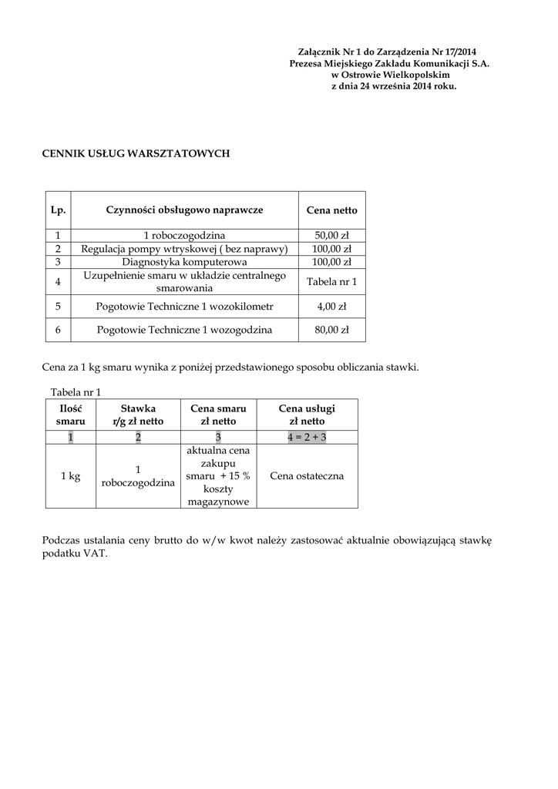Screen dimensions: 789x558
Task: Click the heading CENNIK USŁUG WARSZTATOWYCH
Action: point(136,154)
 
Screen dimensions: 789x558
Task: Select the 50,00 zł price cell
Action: point(331,235)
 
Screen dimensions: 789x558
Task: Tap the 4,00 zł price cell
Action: point(331,306)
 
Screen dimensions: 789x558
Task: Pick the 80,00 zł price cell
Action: point(331,330)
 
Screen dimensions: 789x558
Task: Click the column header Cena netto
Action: point(331,210)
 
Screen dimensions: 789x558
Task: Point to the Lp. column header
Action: point(58,210)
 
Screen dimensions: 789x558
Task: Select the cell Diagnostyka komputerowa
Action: point(184,262)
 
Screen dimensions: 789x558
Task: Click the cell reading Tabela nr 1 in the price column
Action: point(331,282)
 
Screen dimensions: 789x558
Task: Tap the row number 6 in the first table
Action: point(58,330)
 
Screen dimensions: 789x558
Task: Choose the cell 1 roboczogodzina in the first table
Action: point(184,235)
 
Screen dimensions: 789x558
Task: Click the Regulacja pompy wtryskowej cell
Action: point(184,249)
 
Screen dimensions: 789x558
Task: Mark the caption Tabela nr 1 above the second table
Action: point(76,391)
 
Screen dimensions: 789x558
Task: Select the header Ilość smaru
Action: point(70,415)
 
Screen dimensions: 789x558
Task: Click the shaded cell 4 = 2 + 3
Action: point(307,437)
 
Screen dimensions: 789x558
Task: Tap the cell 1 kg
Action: point(70,476)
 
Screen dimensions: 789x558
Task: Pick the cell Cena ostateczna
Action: point(307,476)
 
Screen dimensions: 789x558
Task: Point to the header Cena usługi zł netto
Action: point(307,415)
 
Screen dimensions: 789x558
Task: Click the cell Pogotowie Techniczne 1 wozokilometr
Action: point(184,306)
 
